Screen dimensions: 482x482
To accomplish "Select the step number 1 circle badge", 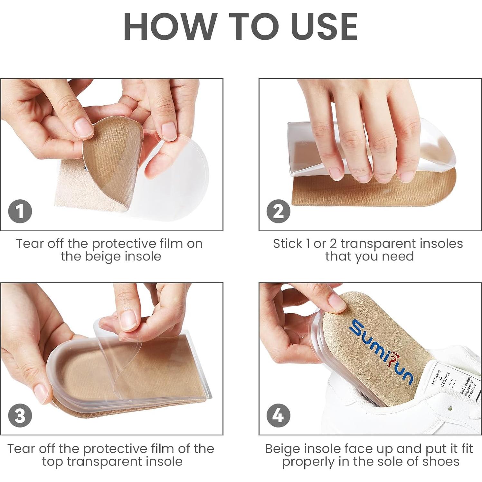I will tap(20, 212).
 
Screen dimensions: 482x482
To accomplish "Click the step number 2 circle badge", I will tap(278, 212).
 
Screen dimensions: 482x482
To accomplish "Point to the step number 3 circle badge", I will tap(20, 415).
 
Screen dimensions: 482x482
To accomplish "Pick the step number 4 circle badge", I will tap(278, 415).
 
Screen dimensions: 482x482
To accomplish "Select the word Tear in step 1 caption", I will tap(29, 244).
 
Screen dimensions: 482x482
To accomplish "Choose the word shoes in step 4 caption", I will tap(441, 461).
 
